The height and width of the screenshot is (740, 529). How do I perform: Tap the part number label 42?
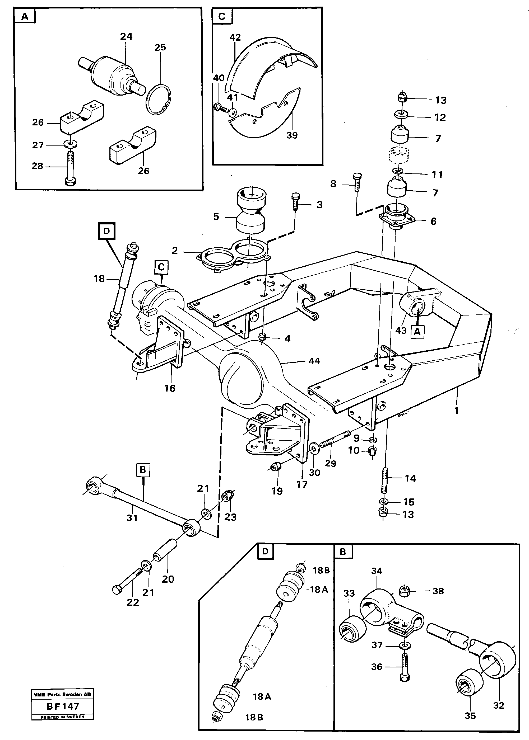[x=235, y=37]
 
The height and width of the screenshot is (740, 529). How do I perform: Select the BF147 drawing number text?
[x=63, y=706]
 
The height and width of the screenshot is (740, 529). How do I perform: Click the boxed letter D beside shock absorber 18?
[x=106, y=231]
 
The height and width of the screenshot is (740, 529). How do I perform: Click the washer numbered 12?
[x=402, y=115]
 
